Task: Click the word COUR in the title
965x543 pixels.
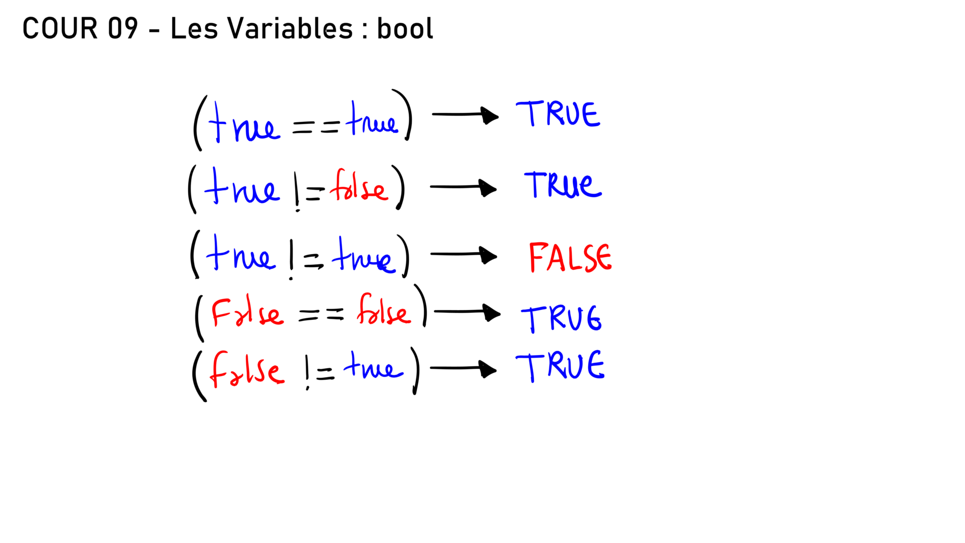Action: (60, 28)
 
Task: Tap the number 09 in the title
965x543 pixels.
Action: (123, 28)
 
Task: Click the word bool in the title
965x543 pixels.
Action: (405, 28)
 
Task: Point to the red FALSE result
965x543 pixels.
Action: (570, 257)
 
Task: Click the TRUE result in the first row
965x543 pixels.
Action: (558, 114)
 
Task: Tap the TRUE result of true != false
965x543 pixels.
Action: (563, 185)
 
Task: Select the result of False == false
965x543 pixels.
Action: (561, 318)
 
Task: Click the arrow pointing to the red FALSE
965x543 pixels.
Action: (463, 254)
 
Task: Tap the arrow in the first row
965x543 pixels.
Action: (465, 115)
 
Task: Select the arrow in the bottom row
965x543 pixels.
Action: (463, 369)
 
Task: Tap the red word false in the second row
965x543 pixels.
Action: (359, 186)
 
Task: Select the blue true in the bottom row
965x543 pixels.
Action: (373, 366)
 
